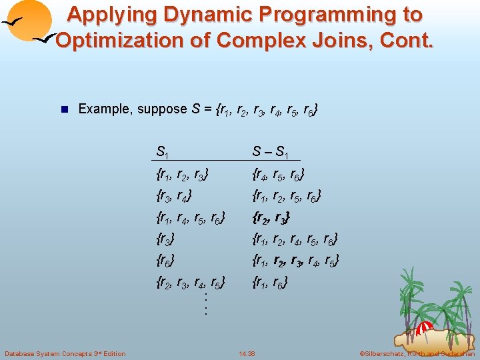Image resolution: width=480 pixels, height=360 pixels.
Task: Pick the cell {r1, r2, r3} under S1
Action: [x=181, y=176]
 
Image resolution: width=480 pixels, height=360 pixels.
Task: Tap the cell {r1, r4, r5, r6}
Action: [x=189, y=218]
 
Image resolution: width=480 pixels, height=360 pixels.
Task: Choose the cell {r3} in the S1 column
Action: [x=165, y=239]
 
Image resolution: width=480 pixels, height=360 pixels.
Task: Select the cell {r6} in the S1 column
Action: [x=165, y=260]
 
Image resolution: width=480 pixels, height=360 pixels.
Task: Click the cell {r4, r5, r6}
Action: [x=279, y=176]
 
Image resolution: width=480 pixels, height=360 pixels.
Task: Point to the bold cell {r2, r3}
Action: [x=271, y=218]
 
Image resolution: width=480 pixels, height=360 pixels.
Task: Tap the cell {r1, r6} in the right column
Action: [x=270, y=281]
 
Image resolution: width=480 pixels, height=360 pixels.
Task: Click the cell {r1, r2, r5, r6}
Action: [x=287, y=197]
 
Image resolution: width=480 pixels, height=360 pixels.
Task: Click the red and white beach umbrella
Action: [x=424, y=328]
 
